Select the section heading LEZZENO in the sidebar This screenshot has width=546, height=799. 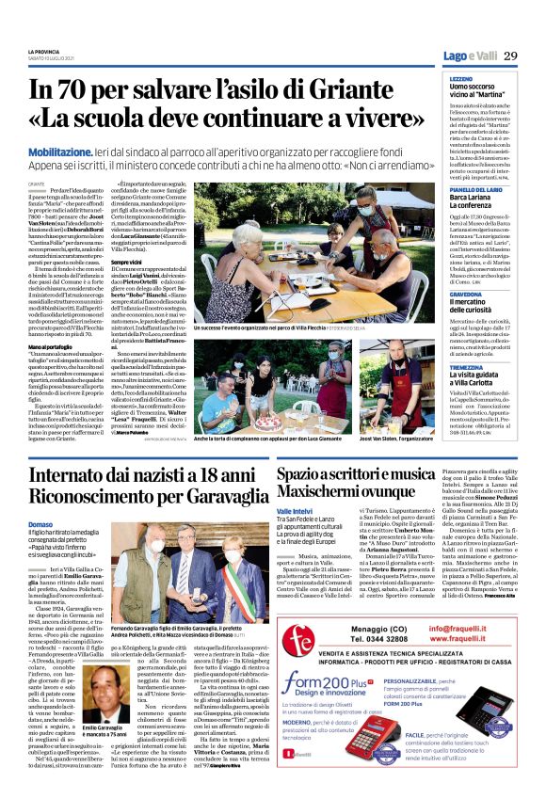click(x=461, y=79)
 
